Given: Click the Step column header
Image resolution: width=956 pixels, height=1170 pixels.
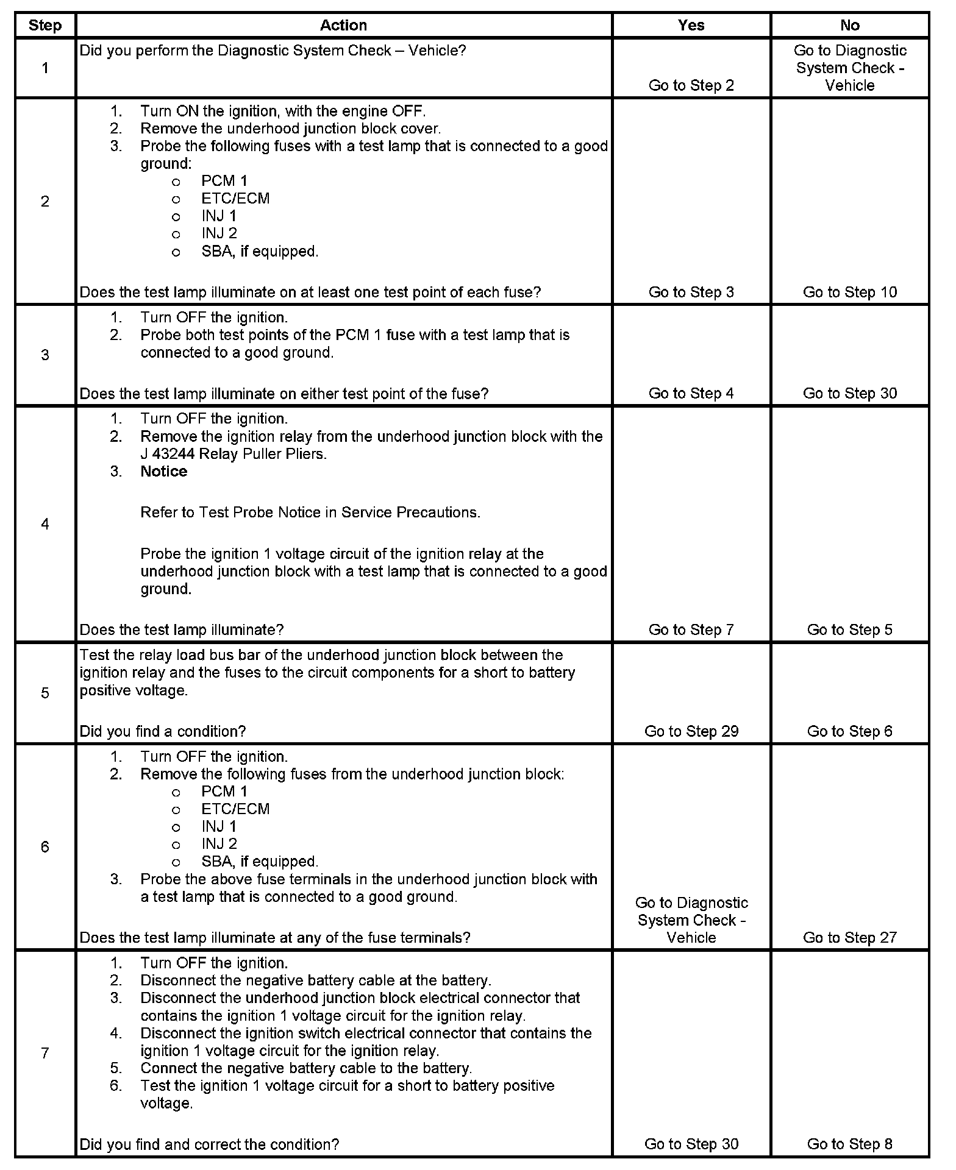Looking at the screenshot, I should click(x=45, y=26).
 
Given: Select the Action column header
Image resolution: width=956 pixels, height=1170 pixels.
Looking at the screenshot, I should click(x=343, y=26).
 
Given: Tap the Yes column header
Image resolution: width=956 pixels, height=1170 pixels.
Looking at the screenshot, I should click(x=691, y=26).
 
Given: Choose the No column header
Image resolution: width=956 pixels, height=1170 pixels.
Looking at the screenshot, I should click(x=849, y=26).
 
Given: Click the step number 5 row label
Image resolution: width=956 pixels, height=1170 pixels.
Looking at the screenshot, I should click(x=45, y=693).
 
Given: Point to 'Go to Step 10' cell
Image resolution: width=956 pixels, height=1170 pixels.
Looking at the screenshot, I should click(x=849, y=292).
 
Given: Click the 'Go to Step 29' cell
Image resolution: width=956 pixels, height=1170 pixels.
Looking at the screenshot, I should click(x=691, y=731).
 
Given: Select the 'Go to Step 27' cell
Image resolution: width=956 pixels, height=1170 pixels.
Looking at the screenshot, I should click(x=849, y=937).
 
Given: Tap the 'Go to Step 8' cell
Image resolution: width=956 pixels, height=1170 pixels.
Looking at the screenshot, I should click(x=849, y=1144).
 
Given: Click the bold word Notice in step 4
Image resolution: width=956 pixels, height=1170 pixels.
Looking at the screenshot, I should click(x=163, y=472).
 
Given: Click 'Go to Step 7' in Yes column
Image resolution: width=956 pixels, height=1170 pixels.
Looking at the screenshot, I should click(x=691, y=629).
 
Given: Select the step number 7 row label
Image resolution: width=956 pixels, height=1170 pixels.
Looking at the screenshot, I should click(x=45, y=1053).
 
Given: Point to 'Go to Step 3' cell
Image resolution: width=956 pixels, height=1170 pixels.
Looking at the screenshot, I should click(x=691, y=292).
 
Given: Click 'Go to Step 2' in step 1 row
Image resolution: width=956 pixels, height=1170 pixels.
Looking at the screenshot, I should click(x=691, y=85).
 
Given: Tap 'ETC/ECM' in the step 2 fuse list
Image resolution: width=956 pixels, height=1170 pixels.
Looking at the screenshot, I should click(x=235, y=199).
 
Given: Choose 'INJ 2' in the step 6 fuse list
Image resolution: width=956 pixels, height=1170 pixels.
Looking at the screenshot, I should click(x=219, y=844).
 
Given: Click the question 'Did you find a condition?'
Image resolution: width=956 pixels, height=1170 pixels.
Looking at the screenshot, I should click(x=163, y=731).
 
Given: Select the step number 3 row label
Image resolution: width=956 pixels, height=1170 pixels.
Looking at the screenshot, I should click(x=45, y=355).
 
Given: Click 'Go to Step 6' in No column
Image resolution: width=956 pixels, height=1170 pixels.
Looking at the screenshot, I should click(x=849, y=731).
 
